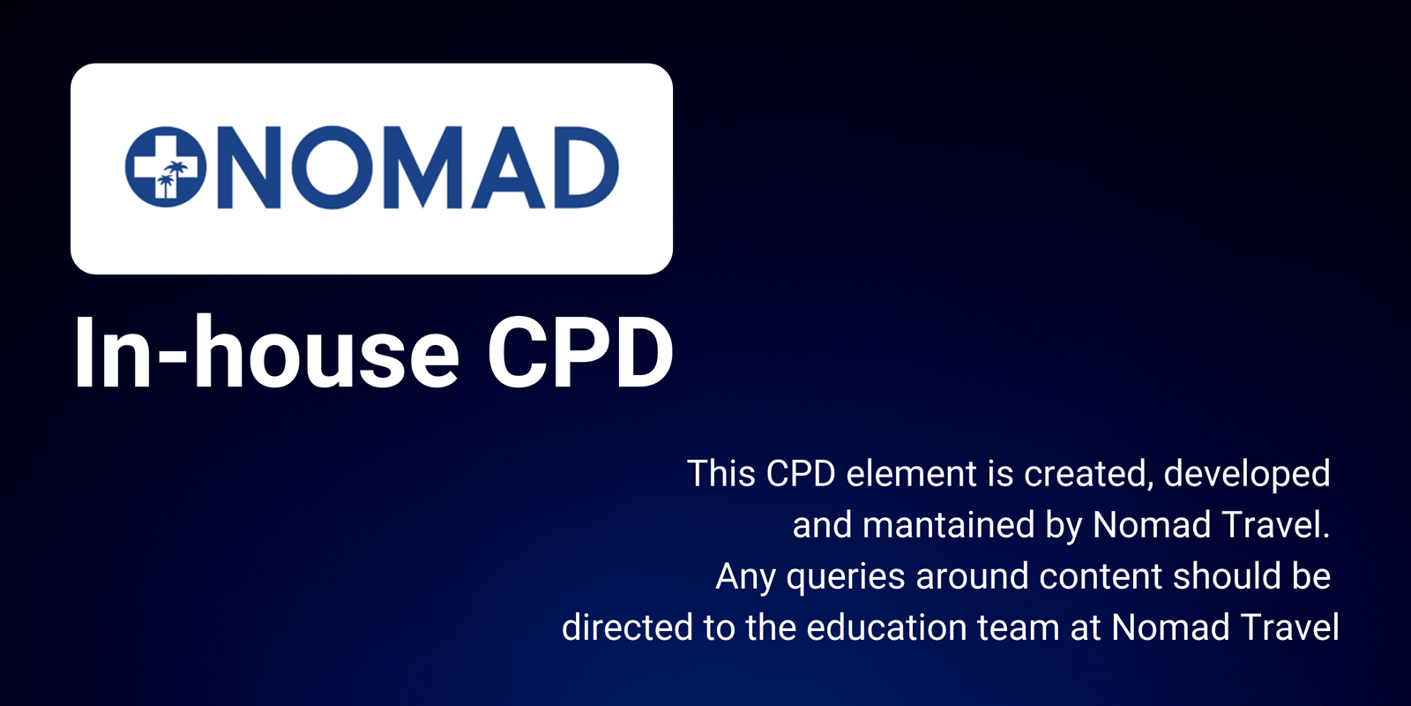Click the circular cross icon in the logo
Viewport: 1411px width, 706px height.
[165, 168]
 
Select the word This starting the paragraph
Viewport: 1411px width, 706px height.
[721, 474]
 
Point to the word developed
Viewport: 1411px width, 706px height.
[1246, 474]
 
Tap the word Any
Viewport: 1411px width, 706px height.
[745, 577]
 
